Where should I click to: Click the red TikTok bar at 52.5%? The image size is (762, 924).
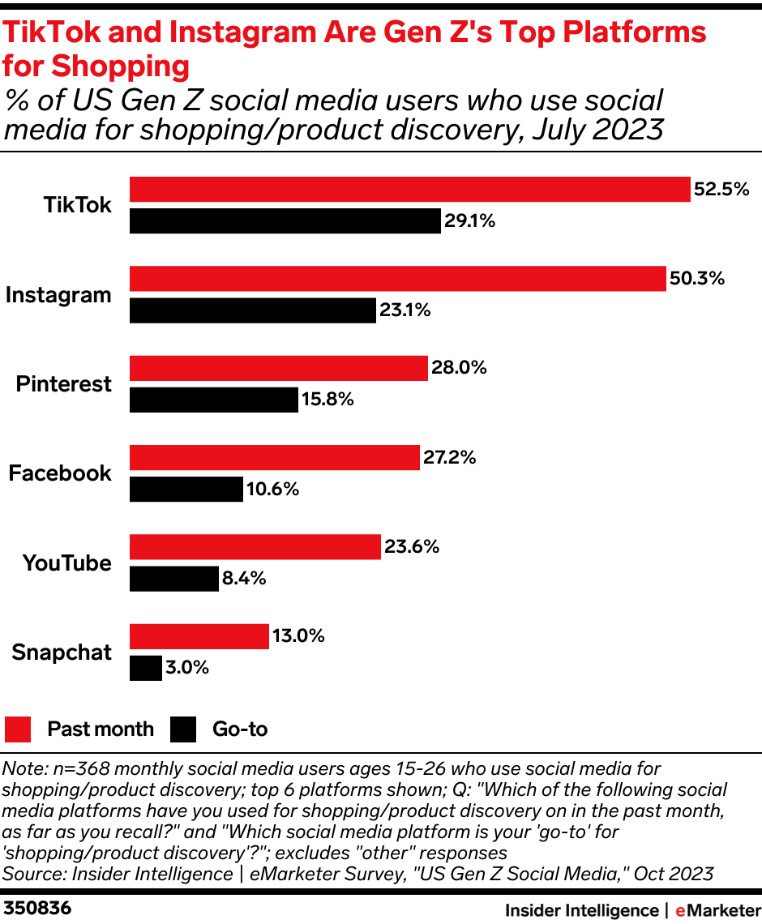pos(409,189)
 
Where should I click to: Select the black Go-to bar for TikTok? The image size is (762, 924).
pos(285,220)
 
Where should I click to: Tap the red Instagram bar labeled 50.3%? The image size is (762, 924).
pos(397,278)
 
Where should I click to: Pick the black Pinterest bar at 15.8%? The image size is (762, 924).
pos(214,400)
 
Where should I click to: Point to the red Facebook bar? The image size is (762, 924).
pos(274,457)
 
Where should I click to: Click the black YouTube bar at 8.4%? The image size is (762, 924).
pos(174,579)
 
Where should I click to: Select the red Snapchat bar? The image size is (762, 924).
pos(199,636)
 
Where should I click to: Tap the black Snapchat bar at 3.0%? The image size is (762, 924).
pos(146,668)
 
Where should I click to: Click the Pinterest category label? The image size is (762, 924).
pos(63,384)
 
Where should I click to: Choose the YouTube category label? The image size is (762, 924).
pos(66,563)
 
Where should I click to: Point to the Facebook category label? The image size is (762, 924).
pos(60,473)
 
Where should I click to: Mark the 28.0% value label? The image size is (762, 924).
pos(460,368)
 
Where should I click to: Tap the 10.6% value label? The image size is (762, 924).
pos(273,490)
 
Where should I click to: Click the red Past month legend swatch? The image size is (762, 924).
pos(18,729)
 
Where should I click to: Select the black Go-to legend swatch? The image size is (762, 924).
pos(183,729)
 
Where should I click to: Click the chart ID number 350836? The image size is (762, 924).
pos(37,909)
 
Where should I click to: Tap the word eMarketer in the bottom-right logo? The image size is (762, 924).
pos(713,910)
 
